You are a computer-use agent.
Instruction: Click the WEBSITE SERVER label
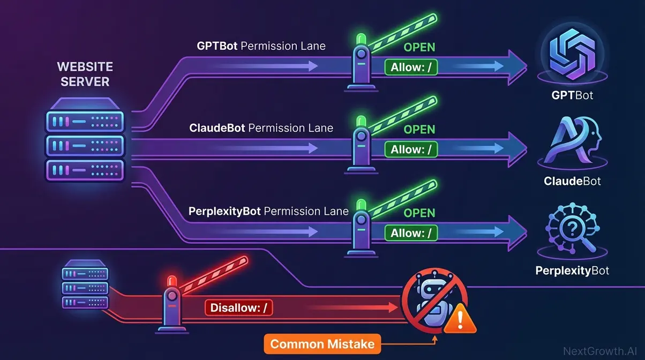click(85, 74)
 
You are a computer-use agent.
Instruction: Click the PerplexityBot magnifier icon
click(572, 232)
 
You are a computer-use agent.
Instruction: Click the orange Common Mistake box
click(322, 343)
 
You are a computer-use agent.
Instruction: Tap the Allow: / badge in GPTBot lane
click(411, 67)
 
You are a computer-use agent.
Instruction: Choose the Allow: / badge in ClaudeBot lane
click(411, 149)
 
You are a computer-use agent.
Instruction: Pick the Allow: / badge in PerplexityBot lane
click(411, 233)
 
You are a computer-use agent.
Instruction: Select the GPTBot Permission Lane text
click(261, 46)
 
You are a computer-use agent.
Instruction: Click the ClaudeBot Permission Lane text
click(261, 128)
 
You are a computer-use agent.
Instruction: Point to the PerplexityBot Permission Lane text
click(268, 211)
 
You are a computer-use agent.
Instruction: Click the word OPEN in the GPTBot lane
click(419, 48)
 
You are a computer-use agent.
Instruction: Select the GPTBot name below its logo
click(572, 96)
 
